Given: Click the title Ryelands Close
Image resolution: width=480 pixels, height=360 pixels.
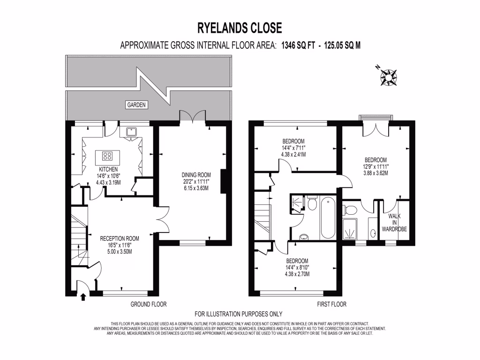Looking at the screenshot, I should (x=240, y=28).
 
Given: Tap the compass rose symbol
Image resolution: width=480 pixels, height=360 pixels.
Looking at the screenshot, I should (x=389, y=76).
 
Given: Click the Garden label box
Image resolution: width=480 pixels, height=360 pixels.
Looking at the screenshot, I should (x=136, y=105).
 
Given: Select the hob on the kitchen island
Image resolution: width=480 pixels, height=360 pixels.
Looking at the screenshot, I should (x=107, y=156).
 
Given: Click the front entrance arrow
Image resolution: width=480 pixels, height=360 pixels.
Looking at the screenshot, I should (x=83, y=296).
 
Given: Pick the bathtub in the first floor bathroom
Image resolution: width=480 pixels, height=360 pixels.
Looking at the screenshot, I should (x=327, y=218).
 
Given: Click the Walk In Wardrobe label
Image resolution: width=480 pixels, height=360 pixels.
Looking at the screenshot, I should (x=397, y=222).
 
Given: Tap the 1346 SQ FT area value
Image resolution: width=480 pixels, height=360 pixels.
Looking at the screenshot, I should (x=298, y=45).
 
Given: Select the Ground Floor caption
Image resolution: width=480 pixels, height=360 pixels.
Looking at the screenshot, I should (x=148, y=304).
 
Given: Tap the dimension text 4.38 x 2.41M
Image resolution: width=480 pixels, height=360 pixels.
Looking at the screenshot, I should (x=293, y=154).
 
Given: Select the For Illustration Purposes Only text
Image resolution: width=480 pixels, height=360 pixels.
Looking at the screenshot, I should (x=238, y=314).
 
